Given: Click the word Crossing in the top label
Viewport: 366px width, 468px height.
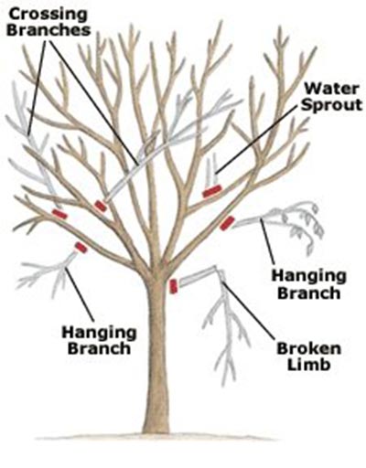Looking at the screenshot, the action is pyautogui.click(x=48, y=15).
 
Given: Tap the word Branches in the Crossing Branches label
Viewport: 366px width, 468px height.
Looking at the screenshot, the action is pyautogui.click(x=49, y=30).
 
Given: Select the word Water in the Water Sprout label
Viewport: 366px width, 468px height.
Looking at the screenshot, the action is pyautogui.click(x=331, y=89).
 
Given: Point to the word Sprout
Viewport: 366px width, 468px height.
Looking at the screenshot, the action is pyautogui.click(x=332, y=105).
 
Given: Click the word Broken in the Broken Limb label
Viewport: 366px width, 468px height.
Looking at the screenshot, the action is pyautogui.click(x=309, y=349).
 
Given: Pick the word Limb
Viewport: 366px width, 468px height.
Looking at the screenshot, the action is pyautogui.click(x=309, y=365).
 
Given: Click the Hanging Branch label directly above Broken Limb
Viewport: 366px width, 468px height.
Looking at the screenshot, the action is pyautogui.click(x=309, y=285).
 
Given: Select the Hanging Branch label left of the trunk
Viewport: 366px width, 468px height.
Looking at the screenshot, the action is pyautogui.click(x=99, y=340).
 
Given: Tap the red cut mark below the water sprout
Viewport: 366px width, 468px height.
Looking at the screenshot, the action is pyautogui.click(x=212, y=191).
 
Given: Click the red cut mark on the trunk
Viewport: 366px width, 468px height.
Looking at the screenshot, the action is pyautogui.click(x=173, y=286).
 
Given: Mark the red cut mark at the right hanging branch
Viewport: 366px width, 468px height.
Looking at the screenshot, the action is pyautogui.click(x=227, y=223).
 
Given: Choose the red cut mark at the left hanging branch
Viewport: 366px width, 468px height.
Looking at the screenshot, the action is pyautogui.click(x=81, y=248).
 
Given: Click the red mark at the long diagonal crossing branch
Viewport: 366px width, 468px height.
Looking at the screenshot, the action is pyautogui.click(x=101, y=206).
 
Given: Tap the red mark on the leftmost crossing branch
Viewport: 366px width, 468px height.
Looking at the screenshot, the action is pyautogui.click(x=59, y=214).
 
